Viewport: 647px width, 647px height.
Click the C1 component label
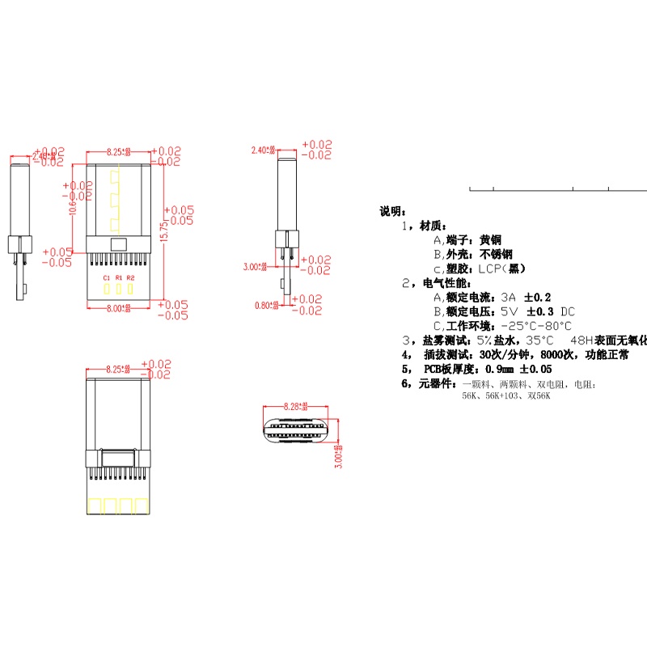[106, 277]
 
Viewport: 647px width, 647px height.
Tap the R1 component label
[118, 277]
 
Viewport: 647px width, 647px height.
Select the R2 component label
[131, 277]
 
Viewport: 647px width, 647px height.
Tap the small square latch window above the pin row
[119, 245]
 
